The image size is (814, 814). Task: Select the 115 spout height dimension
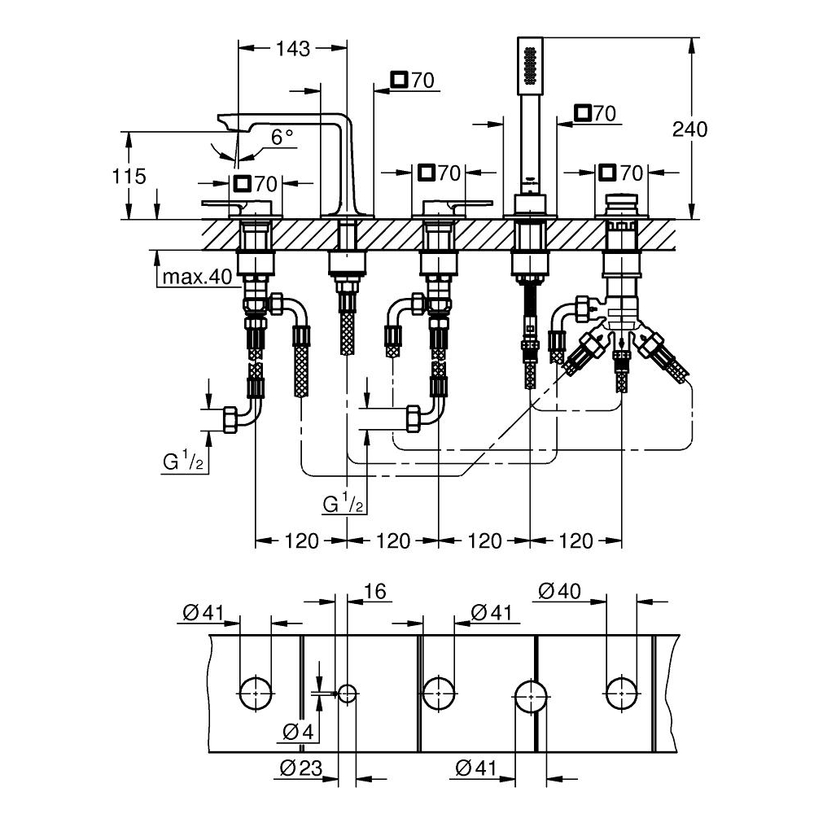tap(129, 176)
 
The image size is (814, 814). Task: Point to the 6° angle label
tap(260, 138)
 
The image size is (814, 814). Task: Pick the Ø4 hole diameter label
tap(298, 732)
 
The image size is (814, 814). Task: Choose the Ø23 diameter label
tap(299, 767)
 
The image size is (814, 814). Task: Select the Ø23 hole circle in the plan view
tap(348, 694)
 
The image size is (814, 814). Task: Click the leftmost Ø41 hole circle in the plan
tap(256, 694)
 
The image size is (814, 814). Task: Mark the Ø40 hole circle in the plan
tap(622, 694)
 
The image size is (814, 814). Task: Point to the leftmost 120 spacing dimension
tap(302, 540)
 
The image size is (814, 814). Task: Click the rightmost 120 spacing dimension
tap(575, 540)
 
